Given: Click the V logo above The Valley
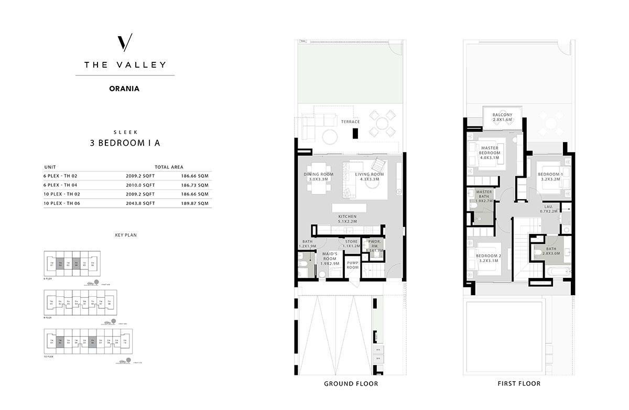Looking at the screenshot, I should (125, 42).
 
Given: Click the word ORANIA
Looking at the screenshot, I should (125, 89).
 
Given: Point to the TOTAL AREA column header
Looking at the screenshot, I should (169, 167).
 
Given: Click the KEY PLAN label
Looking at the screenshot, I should (125, 235).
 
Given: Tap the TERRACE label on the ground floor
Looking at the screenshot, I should (350, 122).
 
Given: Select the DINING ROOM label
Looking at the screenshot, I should (319, 177).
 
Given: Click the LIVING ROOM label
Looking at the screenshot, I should (370, 177).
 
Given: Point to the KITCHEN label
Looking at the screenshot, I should (347, 219).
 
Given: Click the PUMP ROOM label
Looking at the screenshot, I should (353, 265).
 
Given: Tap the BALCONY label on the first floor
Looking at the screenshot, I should (502, 117).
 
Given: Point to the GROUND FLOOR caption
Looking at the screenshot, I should (351, 384).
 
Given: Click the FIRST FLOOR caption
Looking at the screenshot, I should (519, 384).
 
